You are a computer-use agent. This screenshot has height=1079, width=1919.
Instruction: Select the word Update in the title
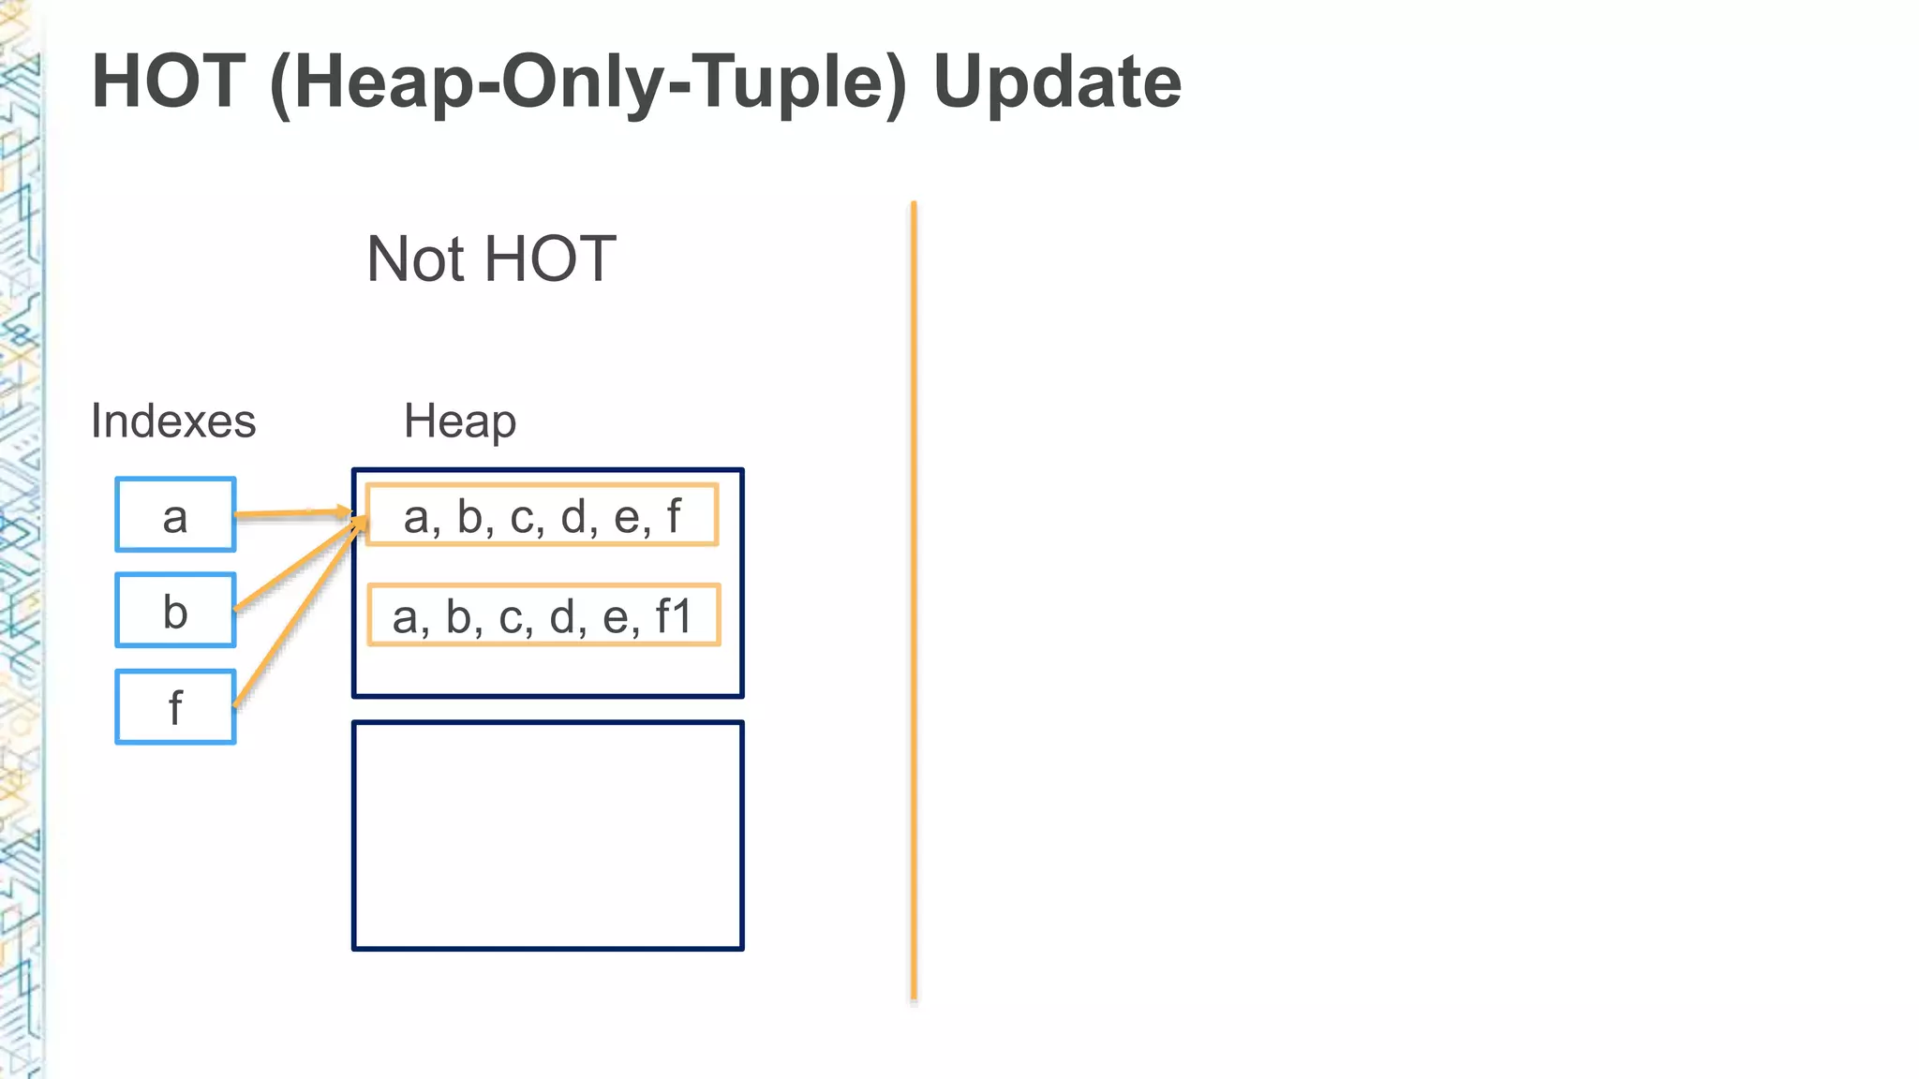tap(1057, 82)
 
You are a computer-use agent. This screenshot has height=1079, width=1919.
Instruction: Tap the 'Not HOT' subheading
tap(491, 259)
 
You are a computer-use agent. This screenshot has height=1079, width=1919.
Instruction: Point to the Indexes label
tap(173, 421)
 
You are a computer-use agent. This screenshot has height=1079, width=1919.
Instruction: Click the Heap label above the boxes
tap(459, 421)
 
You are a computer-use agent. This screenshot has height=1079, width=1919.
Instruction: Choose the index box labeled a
tap(175, 515)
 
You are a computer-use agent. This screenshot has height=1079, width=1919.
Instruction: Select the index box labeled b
tap(175, 611)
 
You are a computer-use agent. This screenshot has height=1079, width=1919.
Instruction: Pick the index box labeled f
tap(175, 707)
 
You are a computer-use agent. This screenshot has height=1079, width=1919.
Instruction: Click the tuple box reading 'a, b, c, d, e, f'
tap(542, 515)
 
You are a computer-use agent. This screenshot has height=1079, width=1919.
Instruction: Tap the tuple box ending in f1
tap(543, 615)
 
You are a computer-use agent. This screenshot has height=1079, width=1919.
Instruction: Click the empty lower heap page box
tap(548, 835)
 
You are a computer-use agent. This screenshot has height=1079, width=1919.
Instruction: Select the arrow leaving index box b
tap(295, 567)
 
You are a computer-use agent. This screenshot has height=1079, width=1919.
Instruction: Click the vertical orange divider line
tap(914, 599)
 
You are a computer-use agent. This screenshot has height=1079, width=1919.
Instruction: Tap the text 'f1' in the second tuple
tap(674, 616)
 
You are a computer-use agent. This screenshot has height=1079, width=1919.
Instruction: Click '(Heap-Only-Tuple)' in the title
tap(588, 82)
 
